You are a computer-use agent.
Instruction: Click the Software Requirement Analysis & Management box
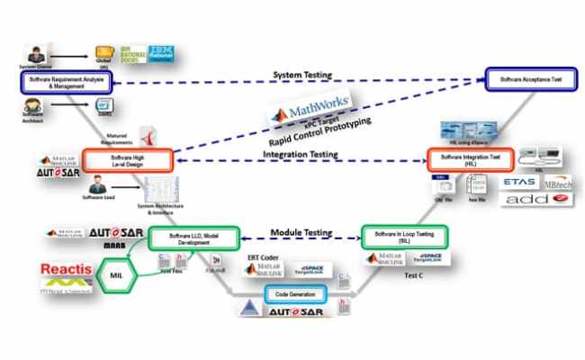pos(64,82)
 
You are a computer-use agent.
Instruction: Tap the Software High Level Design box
pos(126,160)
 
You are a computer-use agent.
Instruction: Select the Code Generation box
pos(294,292)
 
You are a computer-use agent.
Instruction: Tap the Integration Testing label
pos(299,155)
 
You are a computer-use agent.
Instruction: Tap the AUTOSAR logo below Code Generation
pos(297,312)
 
